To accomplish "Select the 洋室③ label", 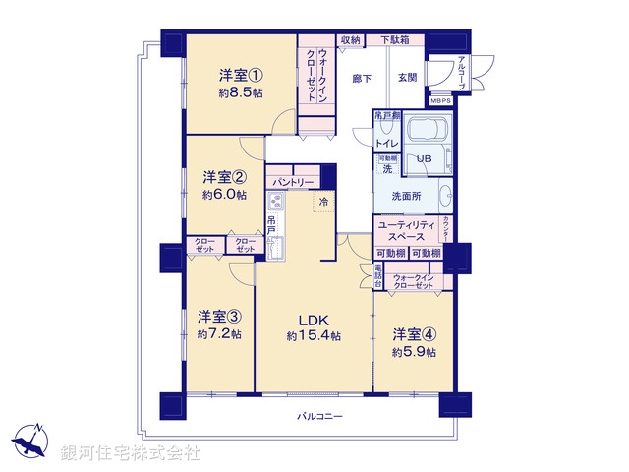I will (x=218, y=317).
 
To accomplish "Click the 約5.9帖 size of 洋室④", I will (x=412, y=350).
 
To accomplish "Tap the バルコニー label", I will (x=320, y=418).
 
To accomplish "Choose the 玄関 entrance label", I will (x=408, y=77).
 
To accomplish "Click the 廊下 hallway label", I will (x=363, y=77).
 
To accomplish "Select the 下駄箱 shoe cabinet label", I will (x=397, y=40).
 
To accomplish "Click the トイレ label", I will (x=386, y=143).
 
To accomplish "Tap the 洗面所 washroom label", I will (x=406, y=197).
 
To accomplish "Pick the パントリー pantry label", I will (x=292, y=183).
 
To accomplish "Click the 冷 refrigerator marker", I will (x=324, y=202).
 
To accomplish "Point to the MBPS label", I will (x=439, y=99).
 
